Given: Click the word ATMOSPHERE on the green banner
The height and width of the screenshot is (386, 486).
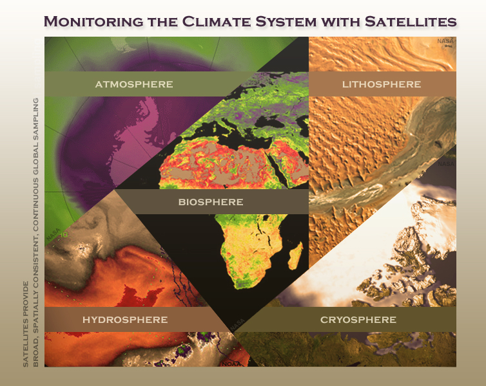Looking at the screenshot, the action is click(x=134, y=84).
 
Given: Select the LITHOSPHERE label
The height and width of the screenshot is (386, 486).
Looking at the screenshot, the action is click(x=382, y=84).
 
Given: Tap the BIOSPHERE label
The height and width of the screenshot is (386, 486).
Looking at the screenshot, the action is click(x=211, y=202).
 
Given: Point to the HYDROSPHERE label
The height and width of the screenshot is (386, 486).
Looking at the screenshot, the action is click(x=125, y=320).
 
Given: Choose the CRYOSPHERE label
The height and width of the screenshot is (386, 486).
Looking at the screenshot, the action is click(x=358, y=320).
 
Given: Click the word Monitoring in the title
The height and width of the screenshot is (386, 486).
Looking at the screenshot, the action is click(x=93, y=21).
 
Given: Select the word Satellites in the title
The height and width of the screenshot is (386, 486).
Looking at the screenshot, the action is click(x=411, y=21).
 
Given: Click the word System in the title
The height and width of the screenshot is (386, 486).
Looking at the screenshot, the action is click(x=286, y=21).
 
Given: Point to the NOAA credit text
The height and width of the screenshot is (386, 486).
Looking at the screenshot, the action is click(x=231, y=364).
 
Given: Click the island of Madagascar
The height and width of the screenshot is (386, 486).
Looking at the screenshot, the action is click(x=295, y=255).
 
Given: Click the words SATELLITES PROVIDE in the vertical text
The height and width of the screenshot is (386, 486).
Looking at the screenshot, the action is click(x=26, y=324).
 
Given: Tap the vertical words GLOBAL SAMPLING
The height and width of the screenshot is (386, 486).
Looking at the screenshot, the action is click(x=35, y=137).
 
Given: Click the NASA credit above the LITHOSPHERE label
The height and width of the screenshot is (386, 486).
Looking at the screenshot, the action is click(x=445, y=41).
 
